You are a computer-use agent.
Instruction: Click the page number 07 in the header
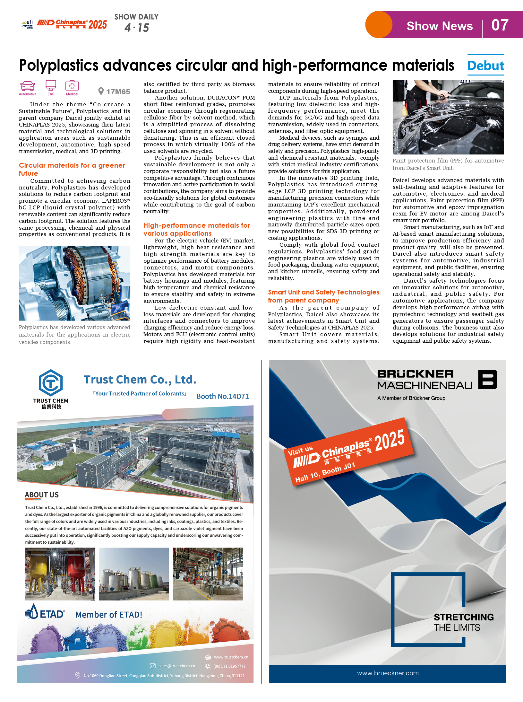(500, 25)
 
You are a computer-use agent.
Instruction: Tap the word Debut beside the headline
(485, 66)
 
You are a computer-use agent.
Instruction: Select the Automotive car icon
(28, 86)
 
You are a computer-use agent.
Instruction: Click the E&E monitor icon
(51, 85)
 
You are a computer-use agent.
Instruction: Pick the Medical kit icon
(72, 86)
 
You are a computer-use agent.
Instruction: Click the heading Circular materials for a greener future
(72, 169)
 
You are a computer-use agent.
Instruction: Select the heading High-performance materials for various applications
(196, 229)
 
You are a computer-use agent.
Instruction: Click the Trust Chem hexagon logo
(51, 382)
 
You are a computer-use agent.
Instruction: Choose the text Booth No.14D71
(222, 396)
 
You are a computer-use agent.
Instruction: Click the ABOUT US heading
(42, 495)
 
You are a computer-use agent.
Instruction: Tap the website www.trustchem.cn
(231, 657)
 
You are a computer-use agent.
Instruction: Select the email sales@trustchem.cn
(176, 666)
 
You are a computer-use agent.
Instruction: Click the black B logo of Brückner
(487, 379)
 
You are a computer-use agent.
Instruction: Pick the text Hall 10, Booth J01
(325, 472)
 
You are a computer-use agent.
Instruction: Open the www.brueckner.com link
(388, 673)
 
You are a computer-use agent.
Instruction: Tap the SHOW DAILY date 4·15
(137, 28)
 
